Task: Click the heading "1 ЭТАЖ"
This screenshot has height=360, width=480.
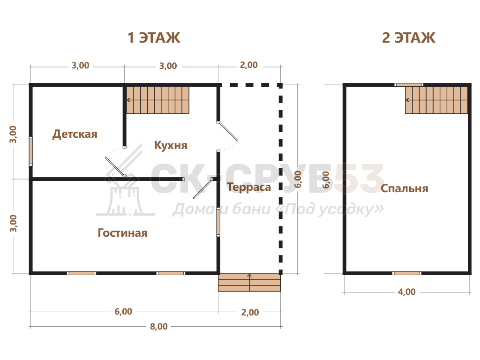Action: coord(154,37)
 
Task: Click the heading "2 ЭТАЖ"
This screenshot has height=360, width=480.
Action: coord(408,37)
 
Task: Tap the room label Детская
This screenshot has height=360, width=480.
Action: coord(75,134)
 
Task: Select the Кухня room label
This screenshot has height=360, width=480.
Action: coord(171,145)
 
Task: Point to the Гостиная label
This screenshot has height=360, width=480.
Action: coord(122,233)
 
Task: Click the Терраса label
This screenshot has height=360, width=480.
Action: coord(249,187)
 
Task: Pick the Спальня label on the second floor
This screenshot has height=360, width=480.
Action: coord(404,188)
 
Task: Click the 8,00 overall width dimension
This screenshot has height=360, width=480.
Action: coord(158,326)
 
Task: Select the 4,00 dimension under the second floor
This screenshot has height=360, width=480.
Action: coord(406,292)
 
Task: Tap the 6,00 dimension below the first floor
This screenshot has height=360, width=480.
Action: coord(123,311)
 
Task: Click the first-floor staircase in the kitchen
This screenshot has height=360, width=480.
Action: coord(157,100)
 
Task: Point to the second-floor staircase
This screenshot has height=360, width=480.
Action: coord(436,100)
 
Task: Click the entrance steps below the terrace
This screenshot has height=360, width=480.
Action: coord(249,282)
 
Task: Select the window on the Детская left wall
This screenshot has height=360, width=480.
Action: coord(31,151)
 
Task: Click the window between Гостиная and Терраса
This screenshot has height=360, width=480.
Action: coord(218,222)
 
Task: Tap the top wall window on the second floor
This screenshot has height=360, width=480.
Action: coord(409,85)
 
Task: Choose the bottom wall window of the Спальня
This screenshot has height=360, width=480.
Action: coord(406,273)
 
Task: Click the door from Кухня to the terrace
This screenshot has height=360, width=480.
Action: coord(227,132)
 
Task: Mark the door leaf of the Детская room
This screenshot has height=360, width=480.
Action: coord(115,167)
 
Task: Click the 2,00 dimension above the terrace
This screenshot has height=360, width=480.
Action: coord(248,65)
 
